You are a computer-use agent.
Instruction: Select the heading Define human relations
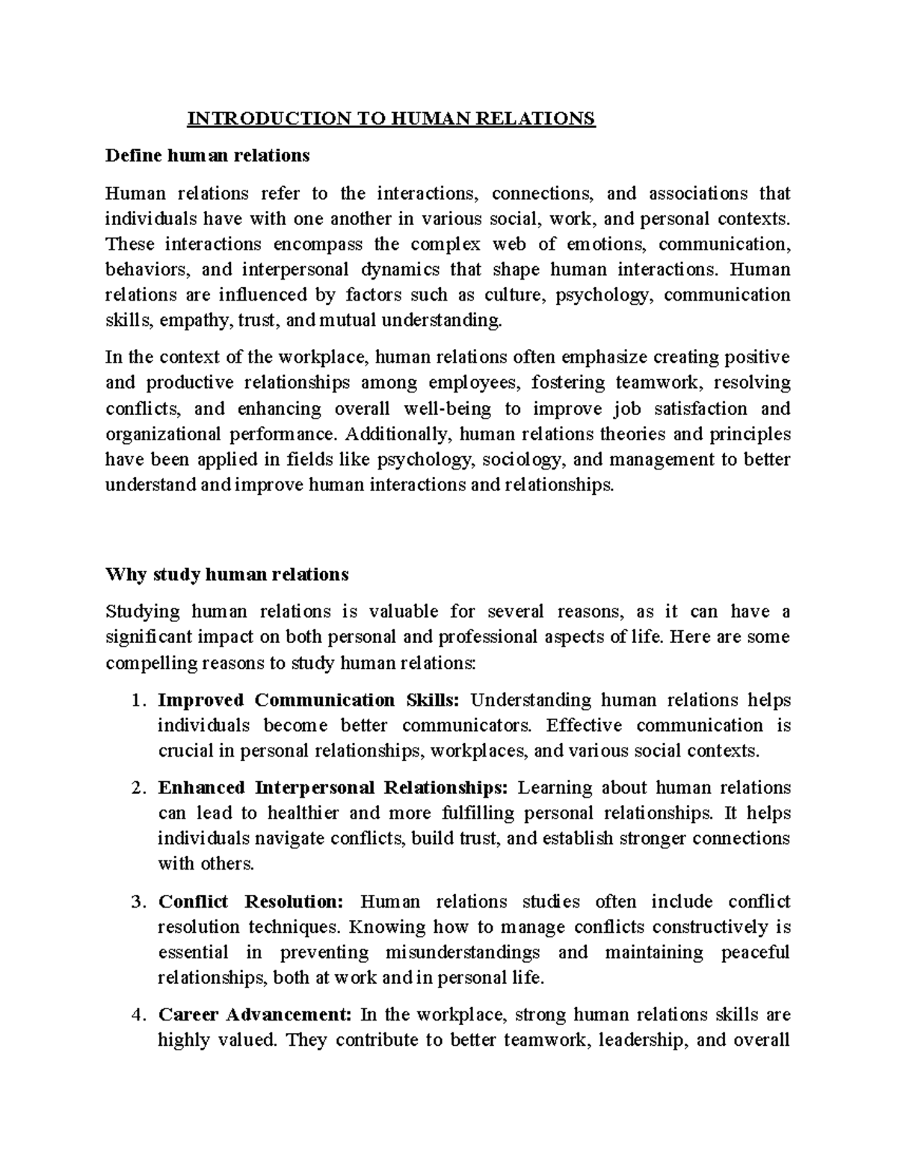207,155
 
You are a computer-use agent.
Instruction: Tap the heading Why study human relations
227,574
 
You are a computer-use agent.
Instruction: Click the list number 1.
135,700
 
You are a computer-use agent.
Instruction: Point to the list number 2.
135,788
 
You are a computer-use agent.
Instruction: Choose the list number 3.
135,902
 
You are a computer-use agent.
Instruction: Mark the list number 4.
135,1015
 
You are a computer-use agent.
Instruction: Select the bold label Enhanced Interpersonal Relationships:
333,788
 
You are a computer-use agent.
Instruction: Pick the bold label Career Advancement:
254,1015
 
